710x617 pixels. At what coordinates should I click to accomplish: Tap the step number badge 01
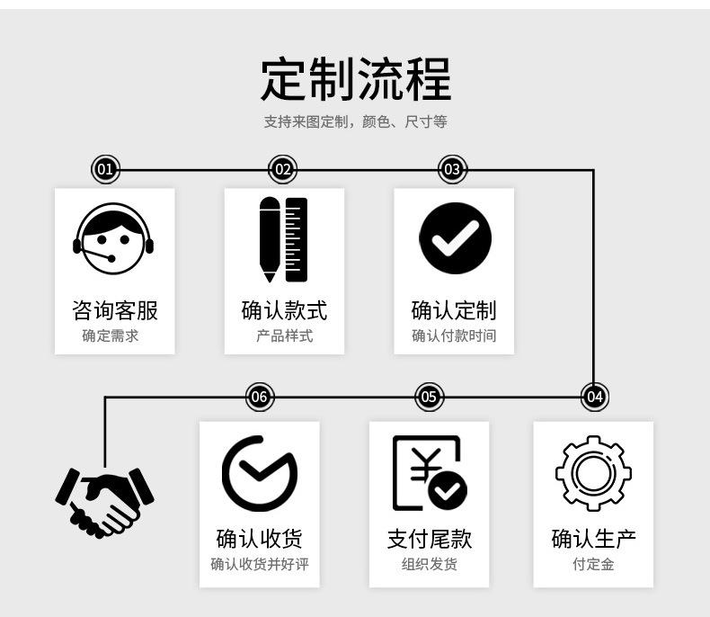click(x=104, y=169)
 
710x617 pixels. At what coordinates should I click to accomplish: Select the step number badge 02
click(x=283, y=169)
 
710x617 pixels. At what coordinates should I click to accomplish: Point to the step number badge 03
click(x=452, y=169)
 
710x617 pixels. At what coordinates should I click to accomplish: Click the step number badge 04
click(x=594, y=397)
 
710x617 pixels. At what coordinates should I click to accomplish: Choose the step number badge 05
click(x=429, y=397)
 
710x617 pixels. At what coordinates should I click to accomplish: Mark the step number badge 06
click(x=259, y=397)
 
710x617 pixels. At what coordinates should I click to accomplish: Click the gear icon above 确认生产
click(x=593, y=473)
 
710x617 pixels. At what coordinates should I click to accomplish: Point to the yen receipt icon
click(x=429, y=473)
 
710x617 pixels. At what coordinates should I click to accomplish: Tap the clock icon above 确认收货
click(x=259, y=473)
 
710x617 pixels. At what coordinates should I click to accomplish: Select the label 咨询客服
click(x=114, y=311)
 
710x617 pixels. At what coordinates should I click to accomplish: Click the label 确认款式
click(x=284, y=311)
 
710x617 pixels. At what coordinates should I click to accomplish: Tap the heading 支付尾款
click(x=429, y=539)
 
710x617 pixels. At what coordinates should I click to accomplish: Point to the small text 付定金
click(x=593, y=565)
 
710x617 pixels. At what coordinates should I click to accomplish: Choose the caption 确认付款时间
click(x=454, y=336)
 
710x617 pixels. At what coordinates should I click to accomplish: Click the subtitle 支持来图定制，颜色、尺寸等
click(x=355, y=121)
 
